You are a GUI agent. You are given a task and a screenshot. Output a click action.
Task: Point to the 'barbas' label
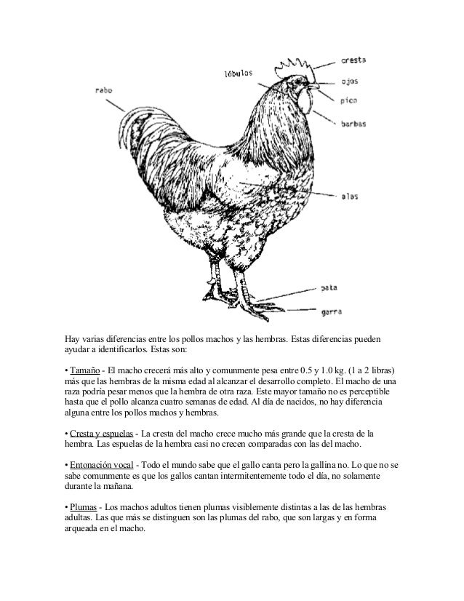pyautogui.click(x=353, y=124)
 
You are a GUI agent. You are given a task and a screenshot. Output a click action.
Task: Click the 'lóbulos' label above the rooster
pyautogui.click(x=237, y=73)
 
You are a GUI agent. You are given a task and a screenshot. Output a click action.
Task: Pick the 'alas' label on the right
pyautogui.click(x=350, y=196)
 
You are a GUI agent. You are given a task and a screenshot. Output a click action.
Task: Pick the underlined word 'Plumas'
pyautogui.click(x=85, y=505)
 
